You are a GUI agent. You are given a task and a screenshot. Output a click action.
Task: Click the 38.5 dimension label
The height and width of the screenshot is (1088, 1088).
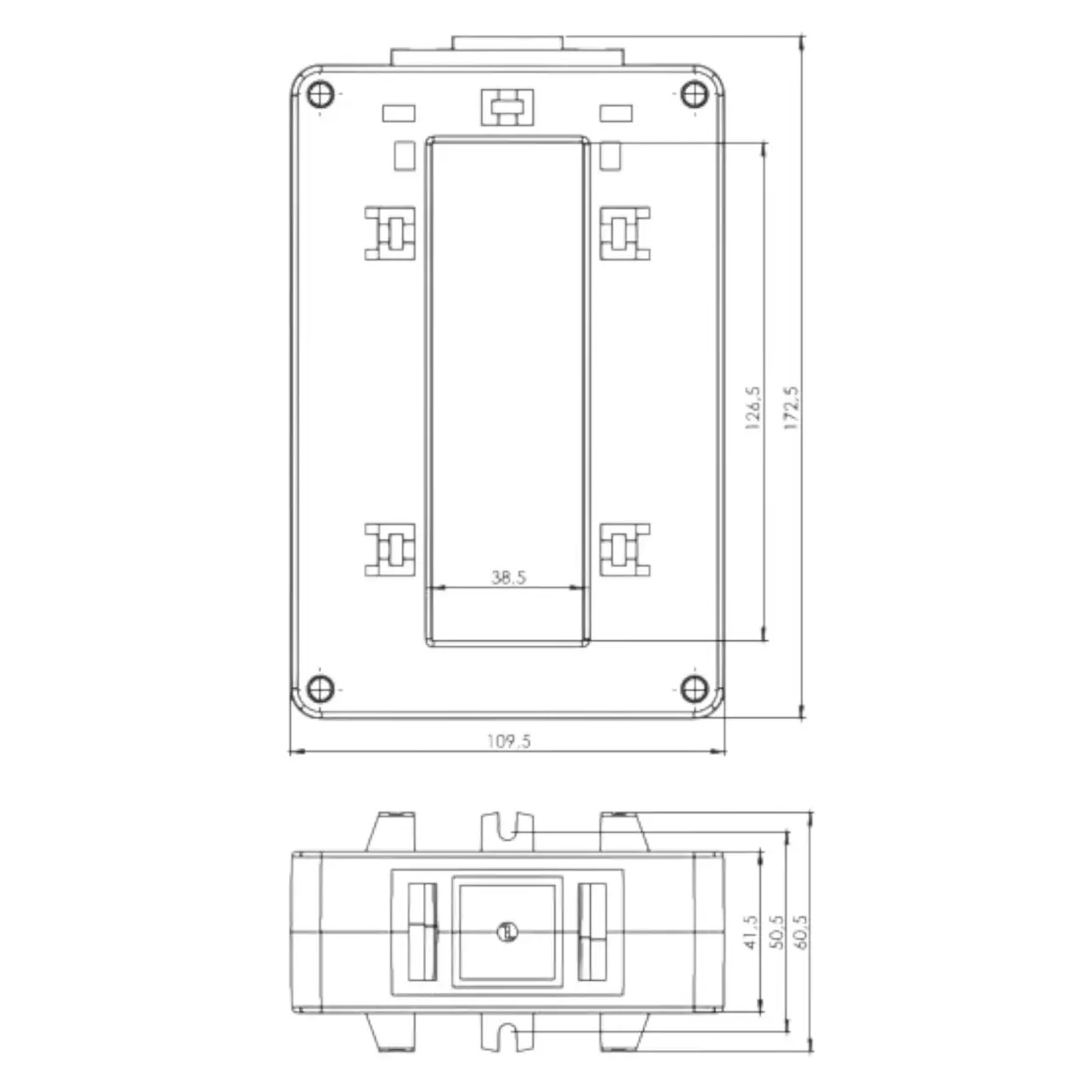508,577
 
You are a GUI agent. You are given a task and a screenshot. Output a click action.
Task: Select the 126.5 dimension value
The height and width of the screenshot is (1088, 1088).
752,409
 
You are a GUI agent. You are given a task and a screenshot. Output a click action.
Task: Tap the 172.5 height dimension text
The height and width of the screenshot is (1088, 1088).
791,409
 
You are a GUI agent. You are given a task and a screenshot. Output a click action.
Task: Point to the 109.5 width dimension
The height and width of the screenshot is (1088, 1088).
508,740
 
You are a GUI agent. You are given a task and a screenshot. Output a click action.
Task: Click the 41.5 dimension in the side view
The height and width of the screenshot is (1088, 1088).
751,932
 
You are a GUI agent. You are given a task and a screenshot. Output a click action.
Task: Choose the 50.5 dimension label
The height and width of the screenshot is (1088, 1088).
777,932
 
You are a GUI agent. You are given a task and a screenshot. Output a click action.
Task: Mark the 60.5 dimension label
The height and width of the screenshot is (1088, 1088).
802,932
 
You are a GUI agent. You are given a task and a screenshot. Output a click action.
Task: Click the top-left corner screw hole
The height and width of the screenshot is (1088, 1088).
320,93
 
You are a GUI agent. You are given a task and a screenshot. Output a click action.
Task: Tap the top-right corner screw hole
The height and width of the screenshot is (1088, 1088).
694,93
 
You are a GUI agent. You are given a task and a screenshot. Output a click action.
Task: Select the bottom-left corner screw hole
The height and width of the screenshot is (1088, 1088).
320,688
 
